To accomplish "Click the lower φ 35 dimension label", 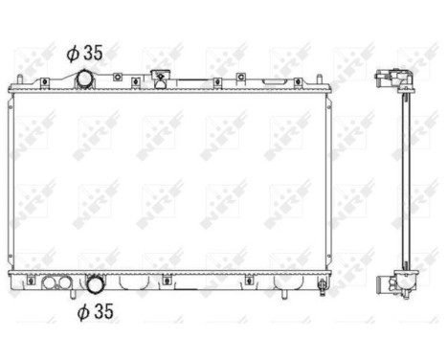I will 97,311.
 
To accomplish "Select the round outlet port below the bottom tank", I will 96,284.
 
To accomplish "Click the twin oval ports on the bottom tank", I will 55,283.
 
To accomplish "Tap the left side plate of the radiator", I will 11,180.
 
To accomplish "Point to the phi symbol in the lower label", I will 83,311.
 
